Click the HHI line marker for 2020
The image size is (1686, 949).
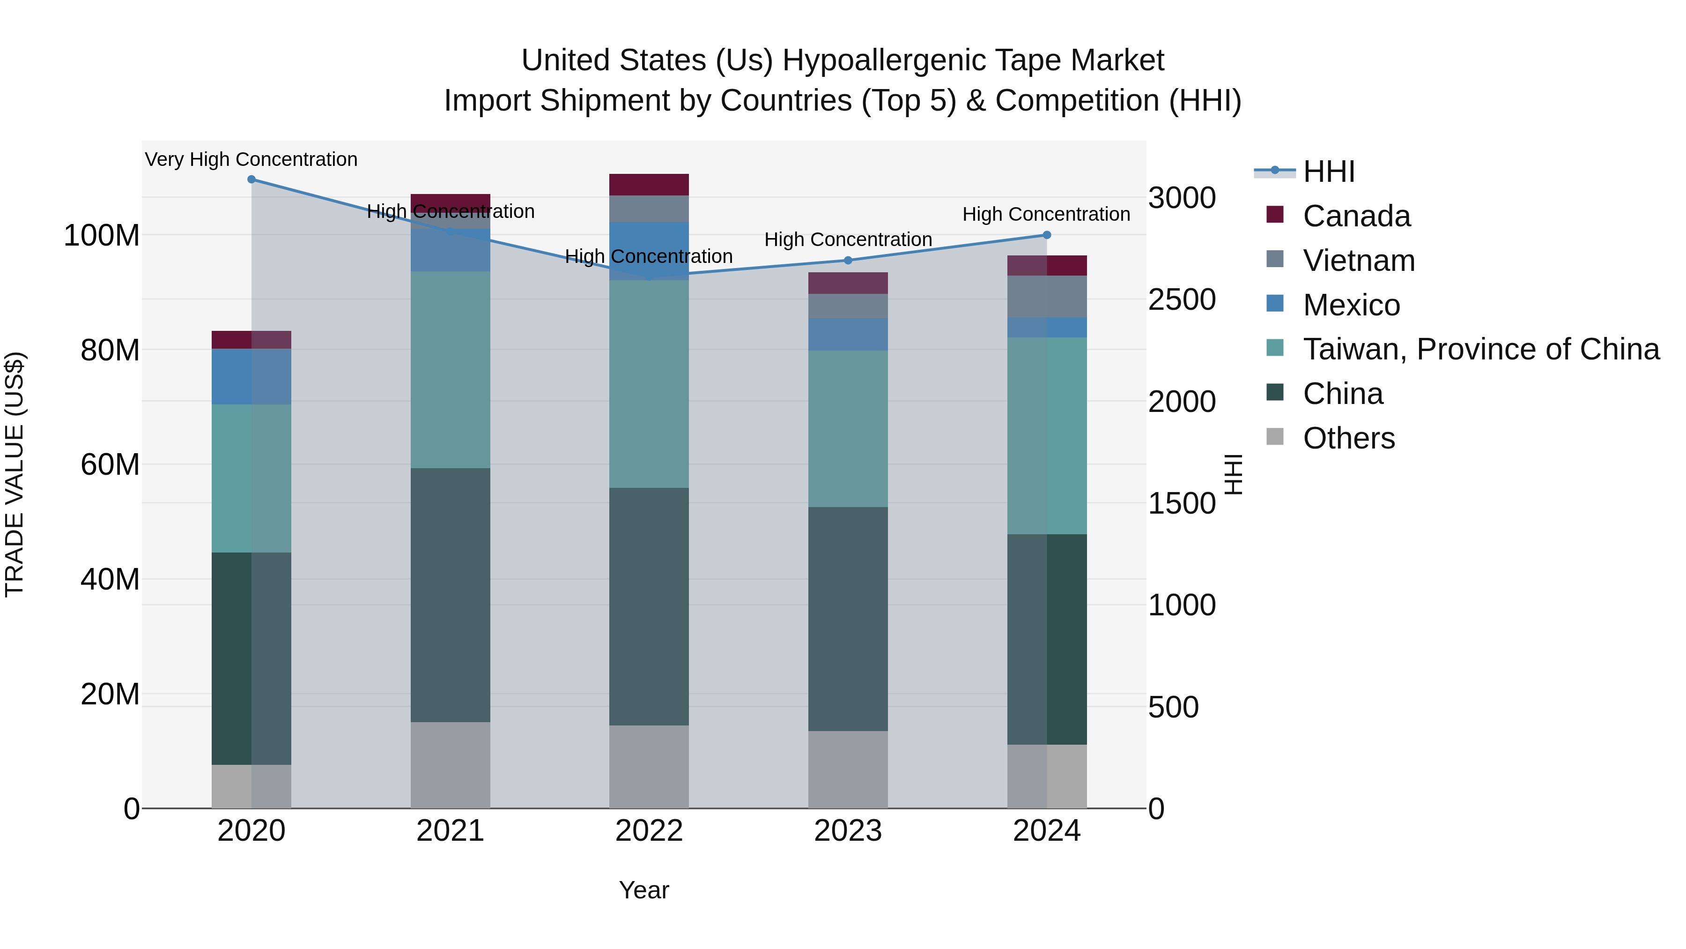251,179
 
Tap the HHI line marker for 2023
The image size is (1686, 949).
848,260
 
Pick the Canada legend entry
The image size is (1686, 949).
1356,216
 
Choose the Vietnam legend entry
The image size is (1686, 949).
1359,261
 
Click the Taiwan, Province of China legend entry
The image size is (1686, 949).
1480,349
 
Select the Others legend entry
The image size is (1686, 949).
1348,438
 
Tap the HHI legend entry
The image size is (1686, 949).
1329,172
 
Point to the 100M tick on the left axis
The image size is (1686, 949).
102,235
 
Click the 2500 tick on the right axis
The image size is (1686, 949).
1182,299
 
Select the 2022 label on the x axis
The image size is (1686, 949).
649,831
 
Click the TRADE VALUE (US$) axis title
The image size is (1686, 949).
15,474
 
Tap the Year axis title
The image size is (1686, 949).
644,890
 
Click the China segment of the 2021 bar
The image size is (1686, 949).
450,595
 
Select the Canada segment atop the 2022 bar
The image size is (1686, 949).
649,185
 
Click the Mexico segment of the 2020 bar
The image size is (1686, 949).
251,377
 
